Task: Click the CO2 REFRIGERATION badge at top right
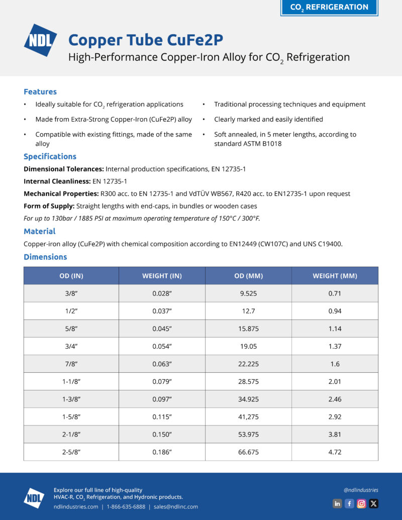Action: coord(329,7)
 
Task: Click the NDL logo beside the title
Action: coord(41,40)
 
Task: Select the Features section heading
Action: coord(40,91)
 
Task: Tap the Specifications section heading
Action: coord(50,156)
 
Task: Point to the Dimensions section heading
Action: coord(45,257)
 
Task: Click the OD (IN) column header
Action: coord(71,276)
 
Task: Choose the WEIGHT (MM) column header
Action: coord(335,276)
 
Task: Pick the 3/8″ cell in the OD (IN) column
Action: coord(71,293)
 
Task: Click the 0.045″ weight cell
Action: coord(162,329)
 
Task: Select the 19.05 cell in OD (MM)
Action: coord(248,346)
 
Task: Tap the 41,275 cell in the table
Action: coord(248,417)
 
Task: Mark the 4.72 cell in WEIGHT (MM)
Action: coord(335,452)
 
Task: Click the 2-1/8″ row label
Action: coord(71,434)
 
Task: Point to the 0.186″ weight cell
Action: coord(162,452)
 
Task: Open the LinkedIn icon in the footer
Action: coord(337,503)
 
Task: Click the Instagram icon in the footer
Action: coord(361,503)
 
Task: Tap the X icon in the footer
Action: coord(373,503)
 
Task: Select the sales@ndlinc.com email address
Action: coord(176,506)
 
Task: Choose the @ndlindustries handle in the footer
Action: coord(361,490)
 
